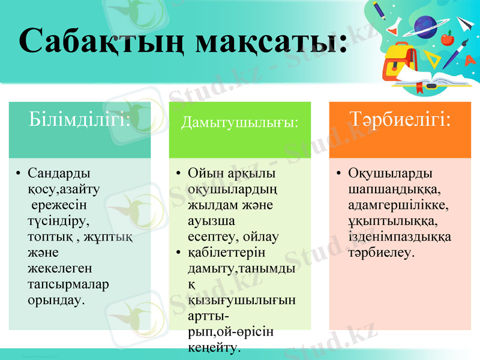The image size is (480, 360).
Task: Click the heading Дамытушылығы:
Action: pyautogui.click(x=239, y=122)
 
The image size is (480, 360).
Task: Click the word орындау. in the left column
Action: pyautogui.click(x=56, y=298)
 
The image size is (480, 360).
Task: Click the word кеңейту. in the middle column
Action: pyautogui.click(x=214, y=347)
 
